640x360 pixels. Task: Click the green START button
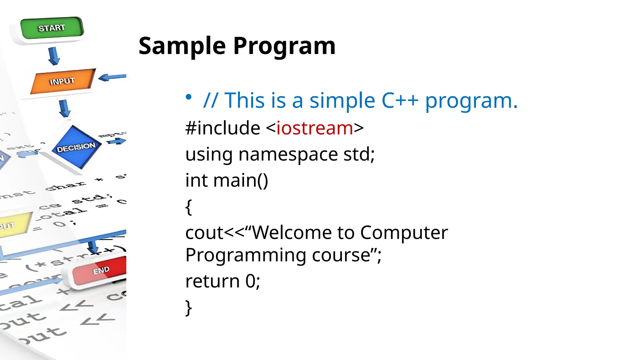coord(52,28)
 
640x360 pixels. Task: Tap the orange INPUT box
coord(62,81)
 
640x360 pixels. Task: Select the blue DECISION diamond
coord(76,147)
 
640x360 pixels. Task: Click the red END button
coord(101,271)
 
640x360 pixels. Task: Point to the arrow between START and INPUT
coord(54,56)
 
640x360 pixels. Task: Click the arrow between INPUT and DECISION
coord(64,108)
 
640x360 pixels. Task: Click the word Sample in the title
coord(182,46)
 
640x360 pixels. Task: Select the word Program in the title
coord(284,46)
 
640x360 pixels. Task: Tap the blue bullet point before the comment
coord(188,97)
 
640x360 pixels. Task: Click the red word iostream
coord(315,128)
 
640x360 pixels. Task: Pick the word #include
coord(222,128)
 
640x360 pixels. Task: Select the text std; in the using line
coord(359,154)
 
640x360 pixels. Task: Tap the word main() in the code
coord(241,181)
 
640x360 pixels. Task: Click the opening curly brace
coord(188,207)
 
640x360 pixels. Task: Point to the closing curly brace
coord(188,308)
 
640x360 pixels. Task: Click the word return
coord(212,281)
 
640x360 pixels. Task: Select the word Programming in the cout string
coord(246,255)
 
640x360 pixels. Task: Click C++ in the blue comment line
coord(400,101)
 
